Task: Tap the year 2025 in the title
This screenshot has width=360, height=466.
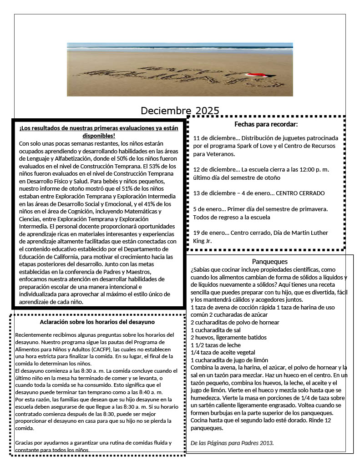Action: tap(208, 111)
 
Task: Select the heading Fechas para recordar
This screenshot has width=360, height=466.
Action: tap(266, 124)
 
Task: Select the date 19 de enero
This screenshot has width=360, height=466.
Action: tap(210, 233)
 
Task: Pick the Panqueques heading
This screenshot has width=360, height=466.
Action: tap(270, 262)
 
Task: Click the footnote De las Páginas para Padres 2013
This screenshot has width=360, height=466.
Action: tap(232, 442)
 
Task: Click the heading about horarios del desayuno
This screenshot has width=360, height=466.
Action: tap(97, 322)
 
